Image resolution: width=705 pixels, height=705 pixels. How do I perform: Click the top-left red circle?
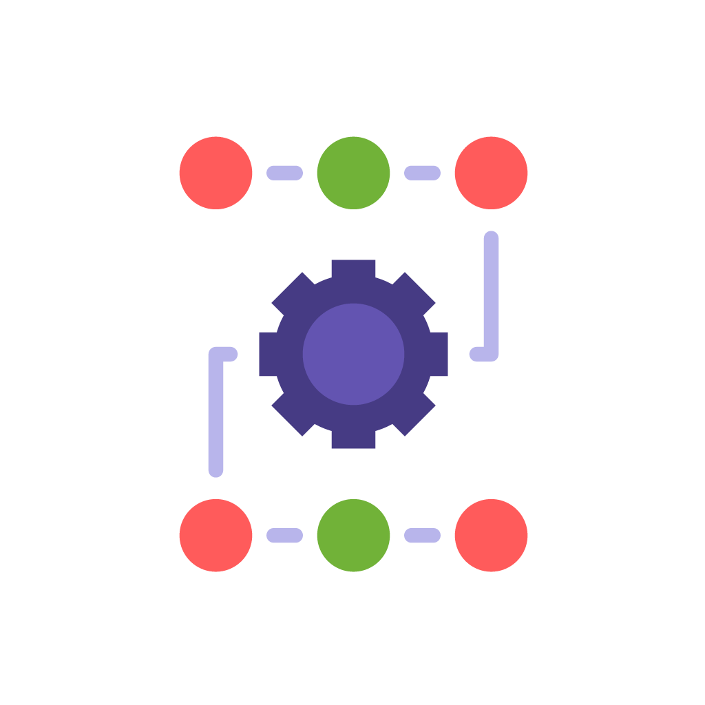click(215, 173)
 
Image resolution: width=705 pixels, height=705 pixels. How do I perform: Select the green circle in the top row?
click(353, 173)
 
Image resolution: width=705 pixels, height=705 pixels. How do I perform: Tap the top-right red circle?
click(491, 173)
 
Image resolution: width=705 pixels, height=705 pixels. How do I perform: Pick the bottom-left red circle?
click(215, 536)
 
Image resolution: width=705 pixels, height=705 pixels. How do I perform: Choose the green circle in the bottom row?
click(353, 536)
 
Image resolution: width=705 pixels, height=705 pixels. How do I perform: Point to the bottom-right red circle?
click(491, 536)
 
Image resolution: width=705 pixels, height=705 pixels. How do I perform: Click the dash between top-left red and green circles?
click(284, 173)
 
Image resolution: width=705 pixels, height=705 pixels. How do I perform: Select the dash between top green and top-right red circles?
click(422, 173)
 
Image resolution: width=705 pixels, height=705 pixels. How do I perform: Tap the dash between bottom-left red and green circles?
click(284, 536)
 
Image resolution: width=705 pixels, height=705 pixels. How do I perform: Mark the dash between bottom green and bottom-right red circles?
click(422, 536)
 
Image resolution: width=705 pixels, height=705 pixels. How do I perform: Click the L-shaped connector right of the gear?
click(491, 296)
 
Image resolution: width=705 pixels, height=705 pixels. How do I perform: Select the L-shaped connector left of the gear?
click(215, 413)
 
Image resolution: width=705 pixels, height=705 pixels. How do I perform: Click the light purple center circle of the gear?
click(353, 354)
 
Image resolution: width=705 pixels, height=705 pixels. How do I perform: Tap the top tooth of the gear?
click(353, 269)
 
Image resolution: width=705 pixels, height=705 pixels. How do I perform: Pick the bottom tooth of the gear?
click(353, 439)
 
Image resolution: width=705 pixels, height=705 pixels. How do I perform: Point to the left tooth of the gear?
click(269, 354)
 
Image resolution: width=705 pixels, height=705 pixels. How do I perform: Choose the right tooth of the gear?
click(439, 354)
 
